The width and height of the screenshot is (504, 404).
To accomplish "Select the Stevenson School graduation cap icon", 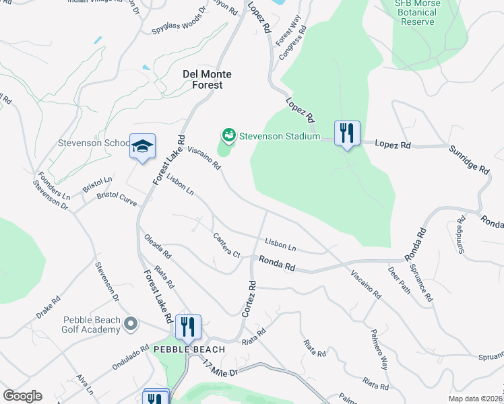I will tap(142, 146).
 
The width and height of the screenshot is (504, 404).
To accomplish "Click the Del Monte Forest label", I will tap(203, 79).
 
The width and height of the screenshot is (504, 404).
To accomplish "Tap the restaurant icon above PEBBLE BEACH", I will tap(188, 327).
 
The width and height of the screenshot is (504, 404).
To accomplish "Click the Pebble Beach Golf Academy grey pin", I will tap(131, 325).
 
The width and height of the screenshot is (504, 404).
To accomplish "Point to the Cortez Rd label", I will tap(248, 300).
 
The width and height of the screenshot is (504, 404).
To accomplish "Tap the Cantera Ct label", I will tap(226, 246).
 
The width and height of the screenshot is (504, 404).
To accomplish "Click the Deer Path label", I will tap(399, 277).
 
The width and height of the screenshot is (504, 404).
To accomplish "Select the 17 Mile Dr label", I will tap(220, 368).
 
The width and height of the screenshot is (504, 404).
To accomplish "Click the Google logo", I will tap(22, 396).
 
